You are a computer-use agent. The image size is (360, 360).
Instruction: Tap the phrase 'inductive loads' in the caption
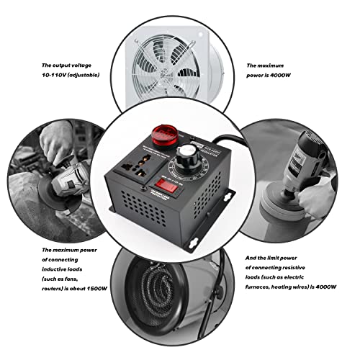coord(66,271)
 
